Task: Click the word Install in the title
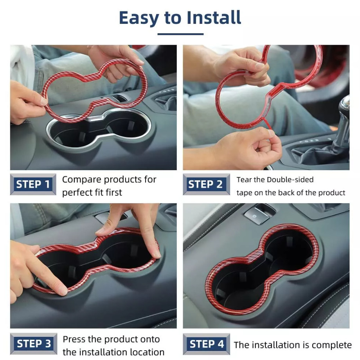tap(214, 18)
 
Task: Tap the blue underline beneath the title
tap(180, 34)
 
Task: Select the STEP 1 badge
tap(33, 184)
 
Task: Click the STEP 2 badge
tap(206, 184)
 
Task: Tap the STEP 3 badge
tap(34, 344)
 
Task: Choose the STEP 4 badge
tap(206, 344)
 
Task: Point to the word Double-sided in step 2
tap(290, 180)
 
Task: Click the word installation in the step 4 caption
tap(279, 345)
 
